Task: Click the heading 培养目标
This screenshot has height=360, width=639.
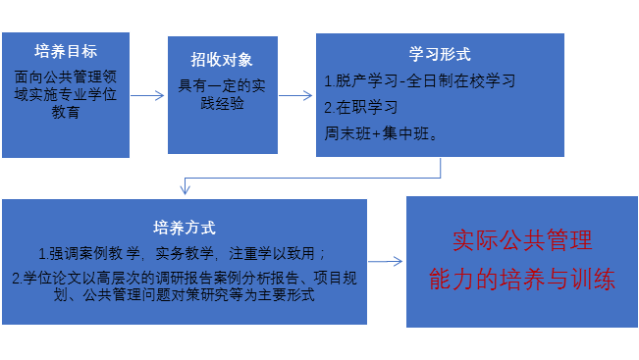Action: click(x=65, y=50)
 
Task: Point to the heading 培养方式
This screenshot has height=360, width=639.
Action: click(x=185, y=227)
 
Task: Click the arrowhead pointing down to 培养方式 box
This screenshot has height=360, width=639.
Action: click(x=185, y=189)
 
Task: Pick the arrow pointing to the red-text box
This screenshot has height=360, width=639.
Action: click(x=386, y=261)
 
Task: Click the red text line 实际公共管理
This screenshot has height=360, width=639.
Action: click(x=521, y=239)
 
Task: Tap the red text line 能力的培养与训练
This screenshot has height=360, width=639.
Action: click(x=521, y=280)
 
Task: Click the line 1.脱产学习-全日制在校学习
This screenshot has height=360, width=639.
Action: click(x=420, y=80)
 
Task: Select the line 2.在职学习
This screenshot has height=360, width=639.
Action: click(x=362, y=104)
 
